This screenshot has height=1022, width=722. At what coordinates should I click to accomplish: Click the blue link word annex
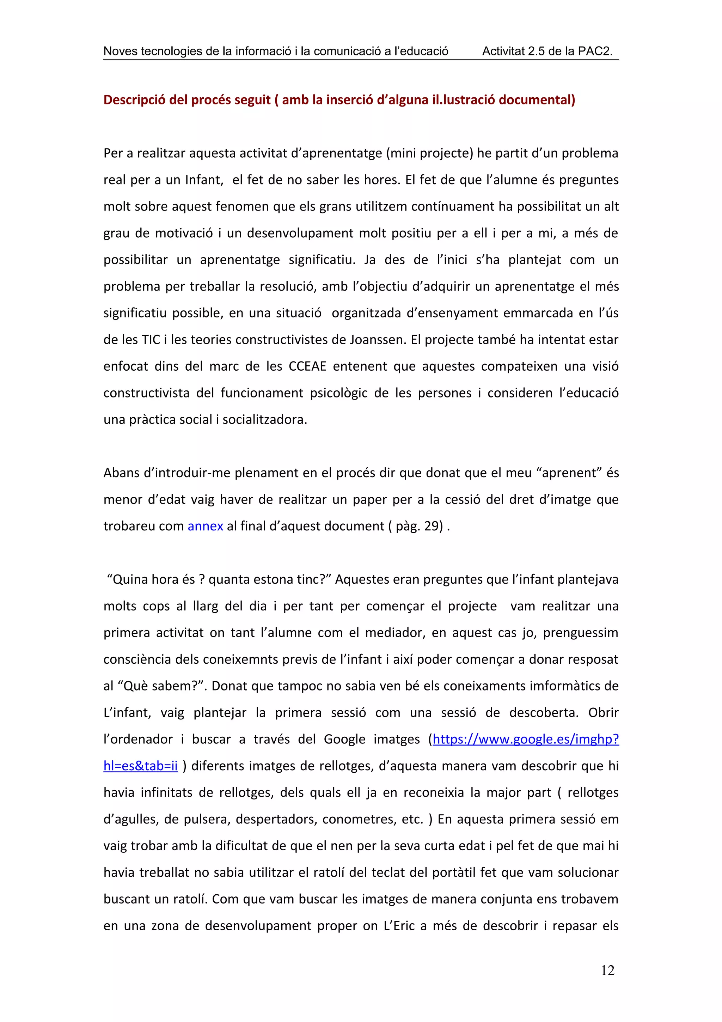pyautogui.click(x=205, y=526)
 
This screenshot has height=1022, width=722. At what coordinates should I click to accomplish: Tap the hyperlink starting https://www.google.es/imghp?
pyautogui.click(x=525, y=740)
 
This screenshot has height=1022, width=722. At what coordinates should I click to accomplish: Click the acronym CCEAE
pyautogui.click(x=307, y=366)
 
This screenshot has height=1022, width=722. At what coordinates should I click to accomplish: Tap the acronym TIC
pyautogui.click(x=151, y=340)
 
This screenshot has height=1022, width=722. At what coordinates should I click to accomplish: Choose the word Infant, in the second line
pyautogui.click(x=204, y=180)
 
